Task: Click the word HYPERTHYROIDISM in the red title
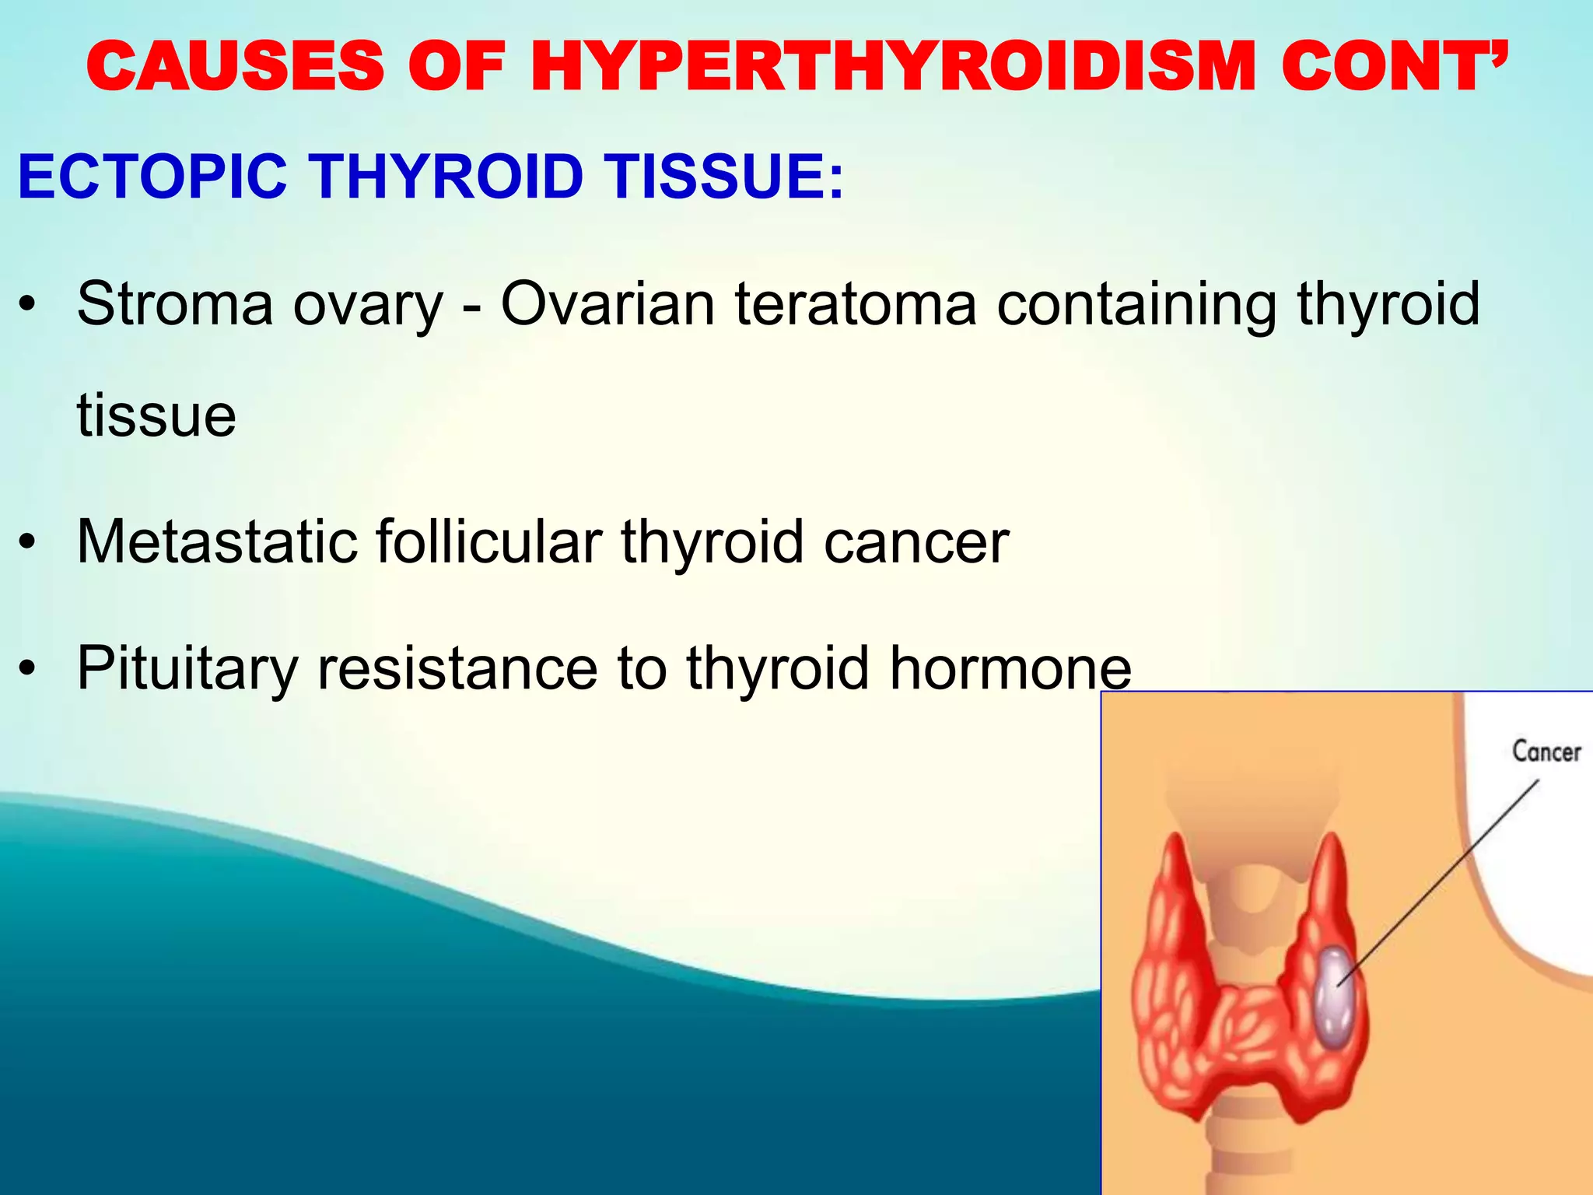click(x=893, y=67)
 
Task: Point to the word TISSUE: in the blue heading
click(x=723, y=177)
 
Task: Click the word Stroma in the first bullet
click(x=174, y=304)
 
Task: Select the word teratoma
click(x=856, y=304)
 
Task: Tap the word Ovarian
click(x=607, y=304)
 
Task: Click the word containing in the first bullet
click(x=1136, y=304)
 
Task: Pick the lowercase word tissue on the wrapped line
click(x=156, y=416)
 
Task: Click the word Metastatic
click(x=217, y=541)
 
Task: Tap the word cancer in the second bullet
click(x=916, y=543)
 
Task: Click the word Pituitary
click(x=187, y=668)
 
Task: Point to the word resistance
click(x=457, y=668)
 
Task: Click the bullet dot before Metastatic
click(x=29, y=543)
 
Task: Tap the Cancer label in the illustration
click(x=1546, y=752)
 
